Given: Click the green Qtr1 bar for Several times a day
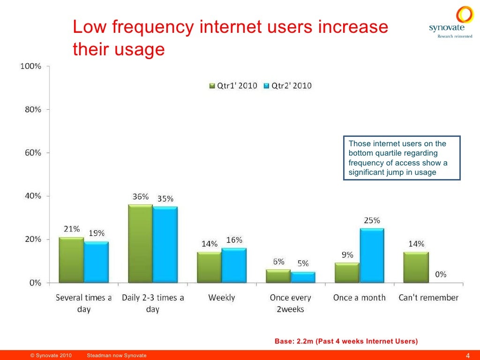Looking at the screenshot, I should (71, 260).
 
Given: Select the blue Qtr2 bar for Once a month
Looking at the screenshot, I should (372, 255).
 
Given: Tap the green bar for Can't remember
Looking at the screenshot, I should (416, 267).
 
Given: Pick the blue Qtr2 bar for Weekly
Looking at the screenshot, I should (234, 265).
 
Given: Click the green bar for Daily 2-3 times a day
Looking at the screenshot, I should (140, 244).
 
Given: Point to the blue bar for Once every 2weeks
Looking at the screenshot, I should (303, 277).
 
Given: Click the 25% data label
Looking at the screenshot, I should (372, 220).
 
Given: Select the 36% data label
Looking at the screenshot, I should (140, 197).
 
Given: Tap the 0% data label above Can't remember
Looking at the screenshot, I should (441, 275).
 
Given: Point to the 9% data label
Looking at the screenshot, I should (347, 255).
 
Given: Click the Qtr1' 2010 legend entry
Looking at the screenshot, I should (233, 86).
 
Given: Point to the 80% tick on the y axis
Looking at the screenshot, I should (30, 110).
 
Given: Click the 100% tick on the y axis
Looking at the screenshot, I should (30, 67).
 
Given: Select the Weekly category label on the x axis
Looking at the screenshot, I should (221, 298).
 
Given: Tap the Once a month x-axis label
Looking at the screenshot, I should (359, 298).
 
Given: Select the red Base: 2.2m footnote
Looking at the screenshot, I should (346, 341).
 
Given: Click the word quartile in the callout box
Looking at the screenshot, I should (375, 153).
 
